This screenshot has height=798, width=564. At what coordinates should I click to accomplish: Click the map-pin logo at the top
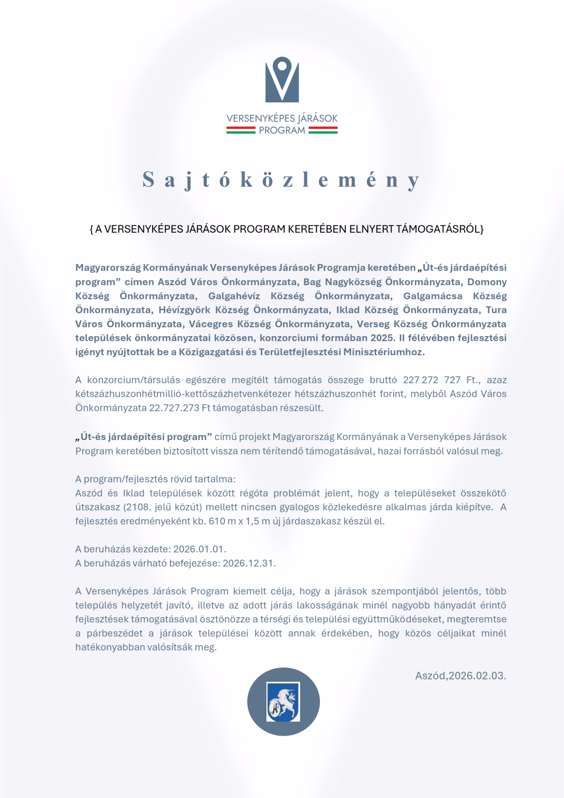[282, 79]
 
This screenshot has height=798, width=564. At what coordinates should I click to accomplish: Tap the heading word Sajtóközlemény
[281, 180]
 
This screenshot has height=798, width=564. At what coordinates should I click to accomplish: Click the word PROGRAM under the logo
[282, 130]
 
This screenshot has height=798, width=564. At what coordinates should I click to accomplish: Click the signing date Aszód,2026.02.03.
[460, 676]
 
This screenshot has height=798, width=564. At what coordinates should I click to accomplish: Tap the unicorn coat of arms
[283, 702]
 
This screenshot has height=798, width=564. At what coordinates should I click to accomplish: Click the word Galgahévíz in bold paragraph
[234, 296]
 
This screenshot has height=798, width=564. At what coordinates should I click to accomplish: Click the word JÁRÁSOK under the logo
[316, 118]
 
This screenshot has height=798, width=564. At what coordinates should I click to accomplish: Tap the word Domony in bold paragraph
[487, 282]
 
